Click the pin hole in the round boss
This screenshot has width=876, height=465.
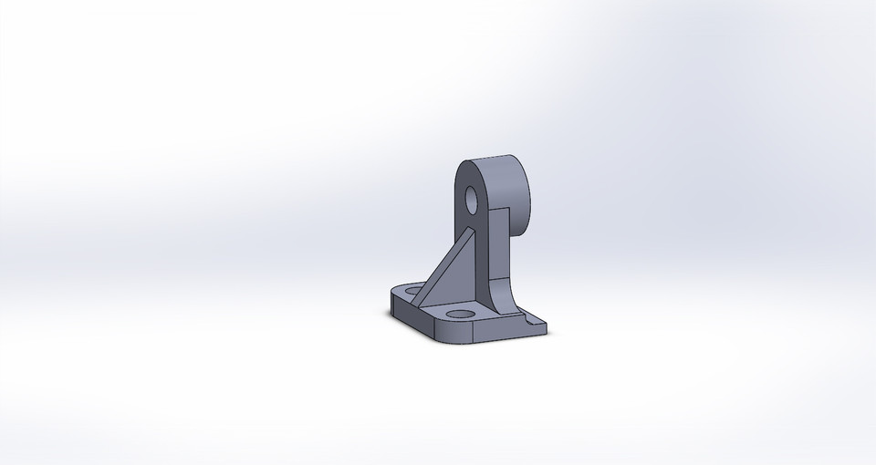click(471, 198)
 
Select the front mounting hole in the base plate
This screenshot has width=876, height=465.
click(464, 313)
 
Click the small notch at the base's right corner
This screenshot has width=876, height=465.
click(533, 320)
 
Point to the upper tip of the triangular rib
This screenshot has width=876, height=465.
click(471, 232)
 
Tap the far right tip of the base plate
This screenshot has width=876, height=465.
click(547, 325)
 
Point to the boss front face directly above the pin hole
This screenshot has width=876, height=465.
click(470, 175)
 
